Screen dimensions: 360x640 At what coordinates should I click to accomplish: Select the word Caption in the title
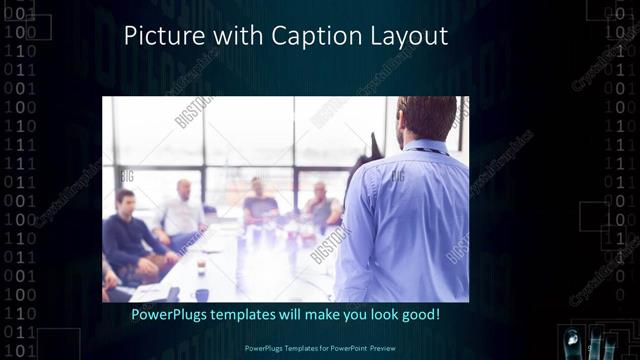click(305, 38)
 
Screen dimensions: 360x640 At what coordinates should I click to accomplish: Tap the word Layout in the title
click(406, 38)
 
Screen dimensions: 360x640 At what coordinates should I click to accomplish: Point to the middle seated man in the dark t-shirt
click(259, 204)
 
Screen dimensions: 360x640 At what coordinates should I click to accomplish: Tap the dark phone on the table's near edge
click(173, 293)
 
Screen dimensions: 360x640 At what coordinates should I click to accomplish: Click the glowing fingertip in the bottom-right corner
click(573, 336)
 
